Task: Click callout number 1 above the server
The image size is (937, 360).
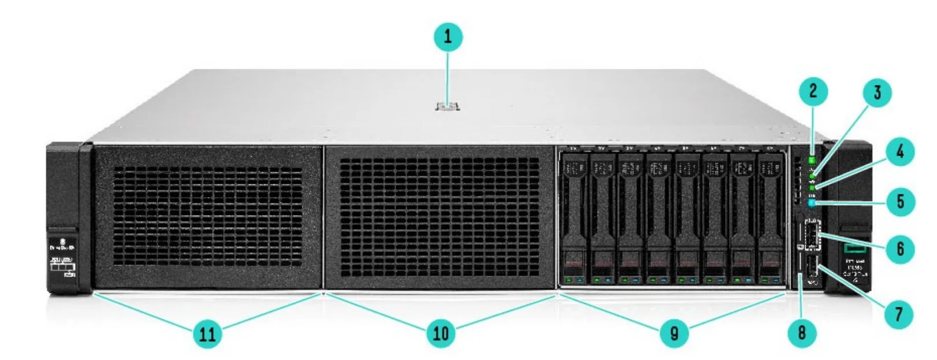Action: [448, 38]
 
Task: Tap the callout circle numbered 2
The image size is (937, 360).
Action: [813, 91]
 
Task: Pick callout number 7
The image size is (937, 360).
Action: [898, 314]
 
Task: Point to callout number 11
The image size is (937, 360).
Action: [208, 333]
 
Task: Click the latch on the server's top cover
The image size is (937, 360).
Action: [448, 106]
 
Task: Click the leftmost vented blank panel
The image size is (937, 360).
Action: [207, 217]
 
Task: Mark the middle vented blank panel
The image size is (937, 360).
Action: [439, 217]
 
